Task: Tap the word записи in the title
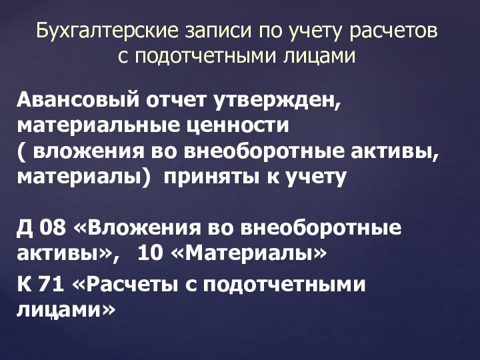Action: click(x=209, y=31)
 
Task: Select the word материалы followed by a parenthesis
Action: click(x=81, y=177)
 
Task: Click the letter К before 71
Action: click(x=23, y=285)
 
